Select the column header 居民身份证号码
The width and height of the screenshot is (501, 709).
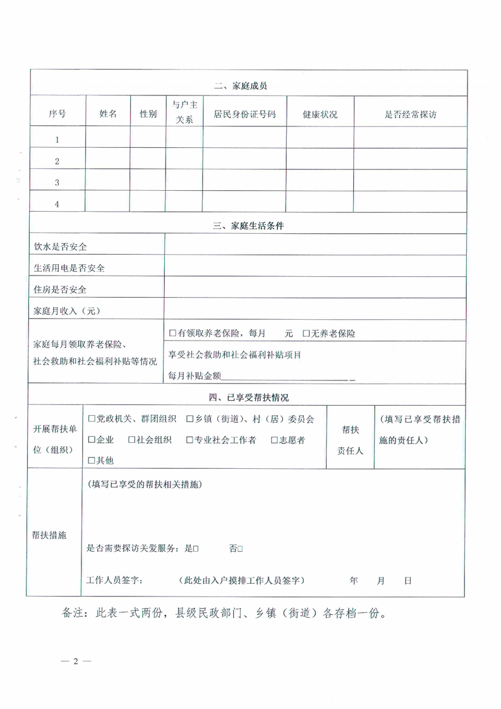pyautogui.click(x=244, y=114)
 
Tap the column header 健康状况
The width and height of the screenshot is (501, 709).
pyautogui.click(x=320, y=114)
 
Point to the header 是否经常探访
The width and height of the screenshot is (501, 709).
pyautogui.click(x=411, y=114)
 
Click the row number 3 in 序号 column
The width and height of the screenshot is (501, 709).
pyautogui.click(x=57, y=183)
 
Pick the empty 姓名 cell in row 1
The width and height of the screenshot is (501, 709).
pyautogui.click(x=107, y=140)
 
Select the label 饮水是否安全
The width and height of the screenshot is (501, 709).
pyautogui.click(x=60, y=246)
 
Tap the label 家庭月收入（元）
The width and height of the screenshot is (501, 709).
pyautogui.click(x=67, y=311)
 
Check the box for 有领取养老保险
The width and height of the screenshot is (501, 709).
pyautogui.click(x=172, y=333)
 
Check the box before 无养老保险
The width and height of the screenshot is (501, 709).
pyautogui.click(x=306, y=333)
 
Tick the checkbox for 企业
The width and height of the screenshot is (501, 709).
pyautogui.click(x=92, y=440)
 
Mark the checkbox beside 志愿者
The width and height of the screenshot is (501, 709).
pyautogui.click(x=274, y=440)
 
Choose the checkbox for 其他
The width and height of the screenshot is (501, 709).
pyautogui.click(x=92, y=461)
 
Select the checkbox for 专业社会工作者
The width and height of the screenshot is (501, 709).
pyautogui.click(x=190, y=440)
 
